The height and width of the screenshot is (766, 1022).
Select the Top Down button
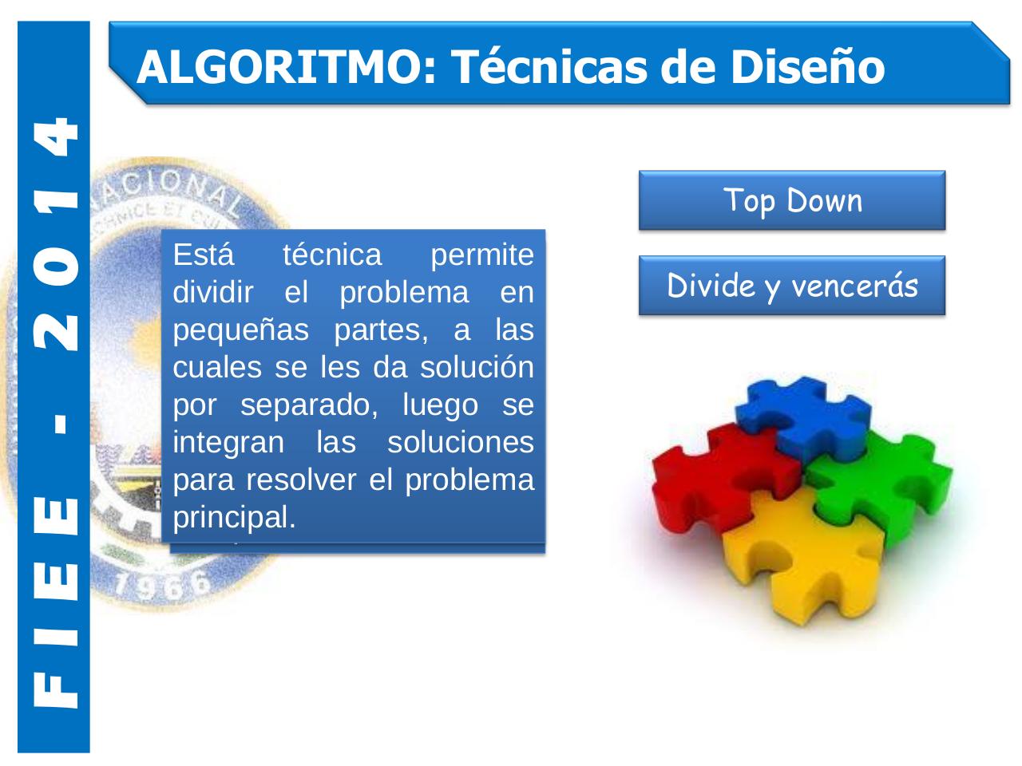[x=791, y=200]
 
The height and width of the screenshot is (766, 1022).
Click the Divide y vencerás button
[x=791, y=286]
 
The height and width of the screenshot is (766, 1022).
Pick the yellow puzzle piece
[x=798, y=559]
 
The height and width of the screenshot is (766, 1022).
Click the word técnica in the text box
[x=332, y=255]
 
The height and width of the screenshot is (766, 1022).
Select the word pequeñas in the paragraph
[x=240, y=330]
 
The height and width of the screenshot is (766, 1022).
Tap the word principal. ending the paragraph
[x=234, y=517]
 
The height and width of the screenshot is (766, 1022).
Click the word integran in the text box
[x=228, y=442]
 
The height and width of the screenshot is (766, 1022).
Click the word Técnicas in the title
[x=549, y=66]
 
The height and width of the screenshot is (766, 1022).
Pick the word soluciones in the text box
[x=460, y=442]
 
